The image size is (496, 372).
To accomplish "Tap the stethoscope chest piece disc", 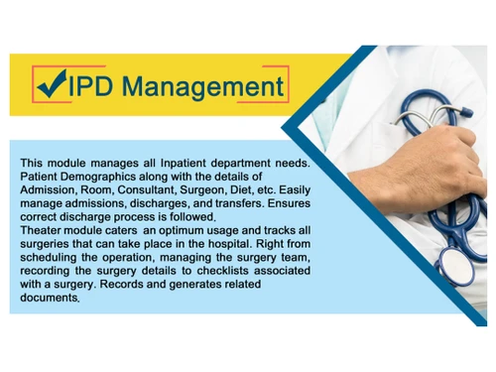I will click(x=453, y=264).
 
